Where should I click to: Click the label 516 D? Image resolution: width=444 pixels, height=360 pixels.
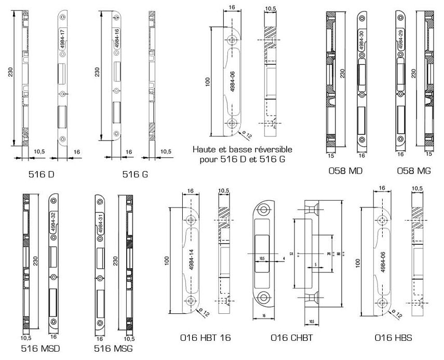tap(44, 174)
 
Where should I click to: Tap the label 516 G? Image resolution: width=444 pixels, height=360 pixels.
tap(135, 174)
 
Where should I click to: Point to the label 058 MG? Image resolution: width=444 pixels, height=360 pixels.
tap(413, 171)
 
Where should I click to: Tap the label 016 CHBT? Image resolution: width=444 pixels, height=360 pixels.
tap(289, 338)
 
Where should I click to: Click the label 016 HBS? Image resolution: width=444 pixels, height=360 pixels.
tap(393, 338)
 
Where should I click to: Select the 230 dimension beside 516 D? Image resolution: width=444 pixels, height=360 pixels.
tap(10, 76)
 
